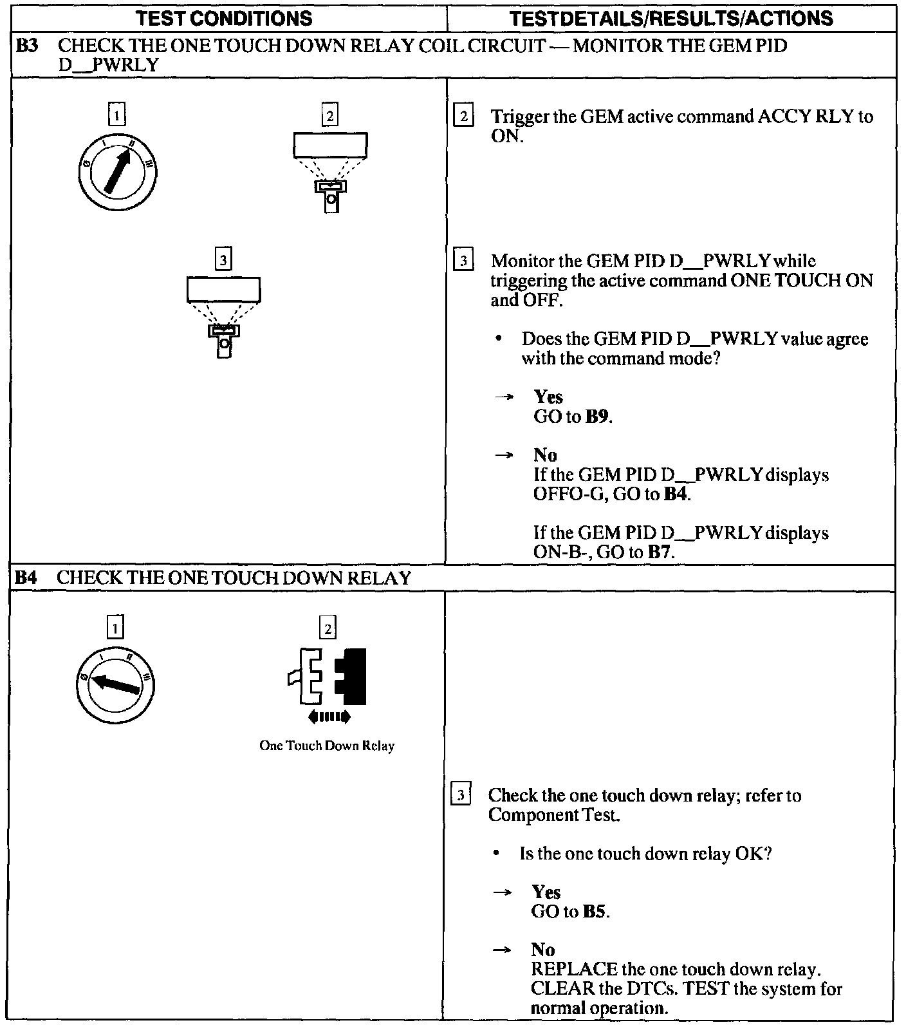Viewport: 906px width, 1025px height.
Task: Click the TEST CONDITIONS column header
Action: (x=225, y=18)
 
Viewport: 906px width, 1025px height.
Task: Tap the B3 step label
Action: (x=27, y=46)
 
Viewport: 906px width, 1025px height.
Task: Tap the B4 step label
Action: (x=27, y=578)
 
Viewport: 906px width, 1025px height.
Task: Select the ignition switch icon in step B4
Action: (x=115, y=683)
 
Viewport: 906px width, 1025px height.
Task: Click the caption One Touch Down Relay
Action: (x=327, y=746)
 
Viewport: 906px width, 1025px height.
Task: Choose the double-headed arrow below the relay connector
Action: (x=329, y=716)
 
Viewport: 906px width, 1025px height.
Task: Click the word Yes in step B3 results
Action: (x=548, y=397)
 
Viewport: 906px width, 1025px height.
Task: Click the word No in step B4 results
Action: (x=543, y=950)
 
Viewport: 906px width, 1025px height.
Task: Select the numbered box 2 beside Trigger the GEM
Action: (x=463, y=117)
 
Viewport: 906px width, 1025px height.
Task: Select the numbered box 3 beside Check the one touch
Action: (x=461, y=795)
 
